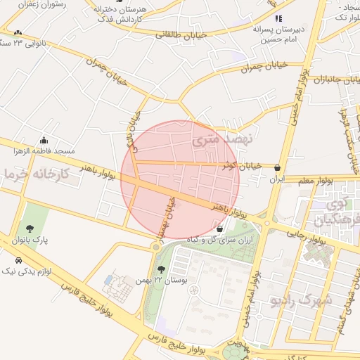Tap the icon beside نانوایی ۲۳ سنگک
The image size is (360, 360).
coord(17,33)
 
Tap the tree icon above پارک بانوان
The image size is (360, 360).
coord(30,228)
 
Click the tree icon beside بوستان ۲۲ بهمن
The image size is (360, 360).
coord(162,270)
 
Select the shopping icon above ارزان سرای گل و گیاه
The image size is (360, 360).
coord(220,229)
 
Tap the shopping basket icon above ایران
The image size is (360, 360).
coord(279,168)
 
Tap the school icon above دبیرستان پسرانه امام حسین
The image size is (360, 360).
coord(278,18)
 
